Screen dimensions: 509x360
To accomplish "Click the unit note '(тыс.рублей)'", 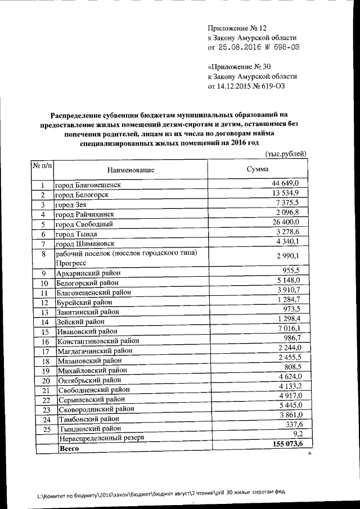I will tap(285, 154).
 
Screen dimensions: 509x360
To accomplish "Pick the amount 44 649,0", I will tap(288, 184).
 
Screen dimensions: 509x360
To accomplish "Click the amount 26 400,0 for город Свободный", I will tap(289, 223).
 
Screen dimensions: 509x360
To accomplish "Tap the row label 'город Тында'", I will tap(76, 233).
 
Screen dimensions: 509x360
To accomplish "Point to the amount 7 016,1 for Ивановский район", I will tap(291, 328).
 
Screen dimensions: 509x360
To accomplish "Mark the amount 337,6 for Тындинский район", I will tap(294, 425).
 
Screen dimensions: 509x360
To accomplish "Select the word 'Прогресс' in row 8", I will tap(70, 263).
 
